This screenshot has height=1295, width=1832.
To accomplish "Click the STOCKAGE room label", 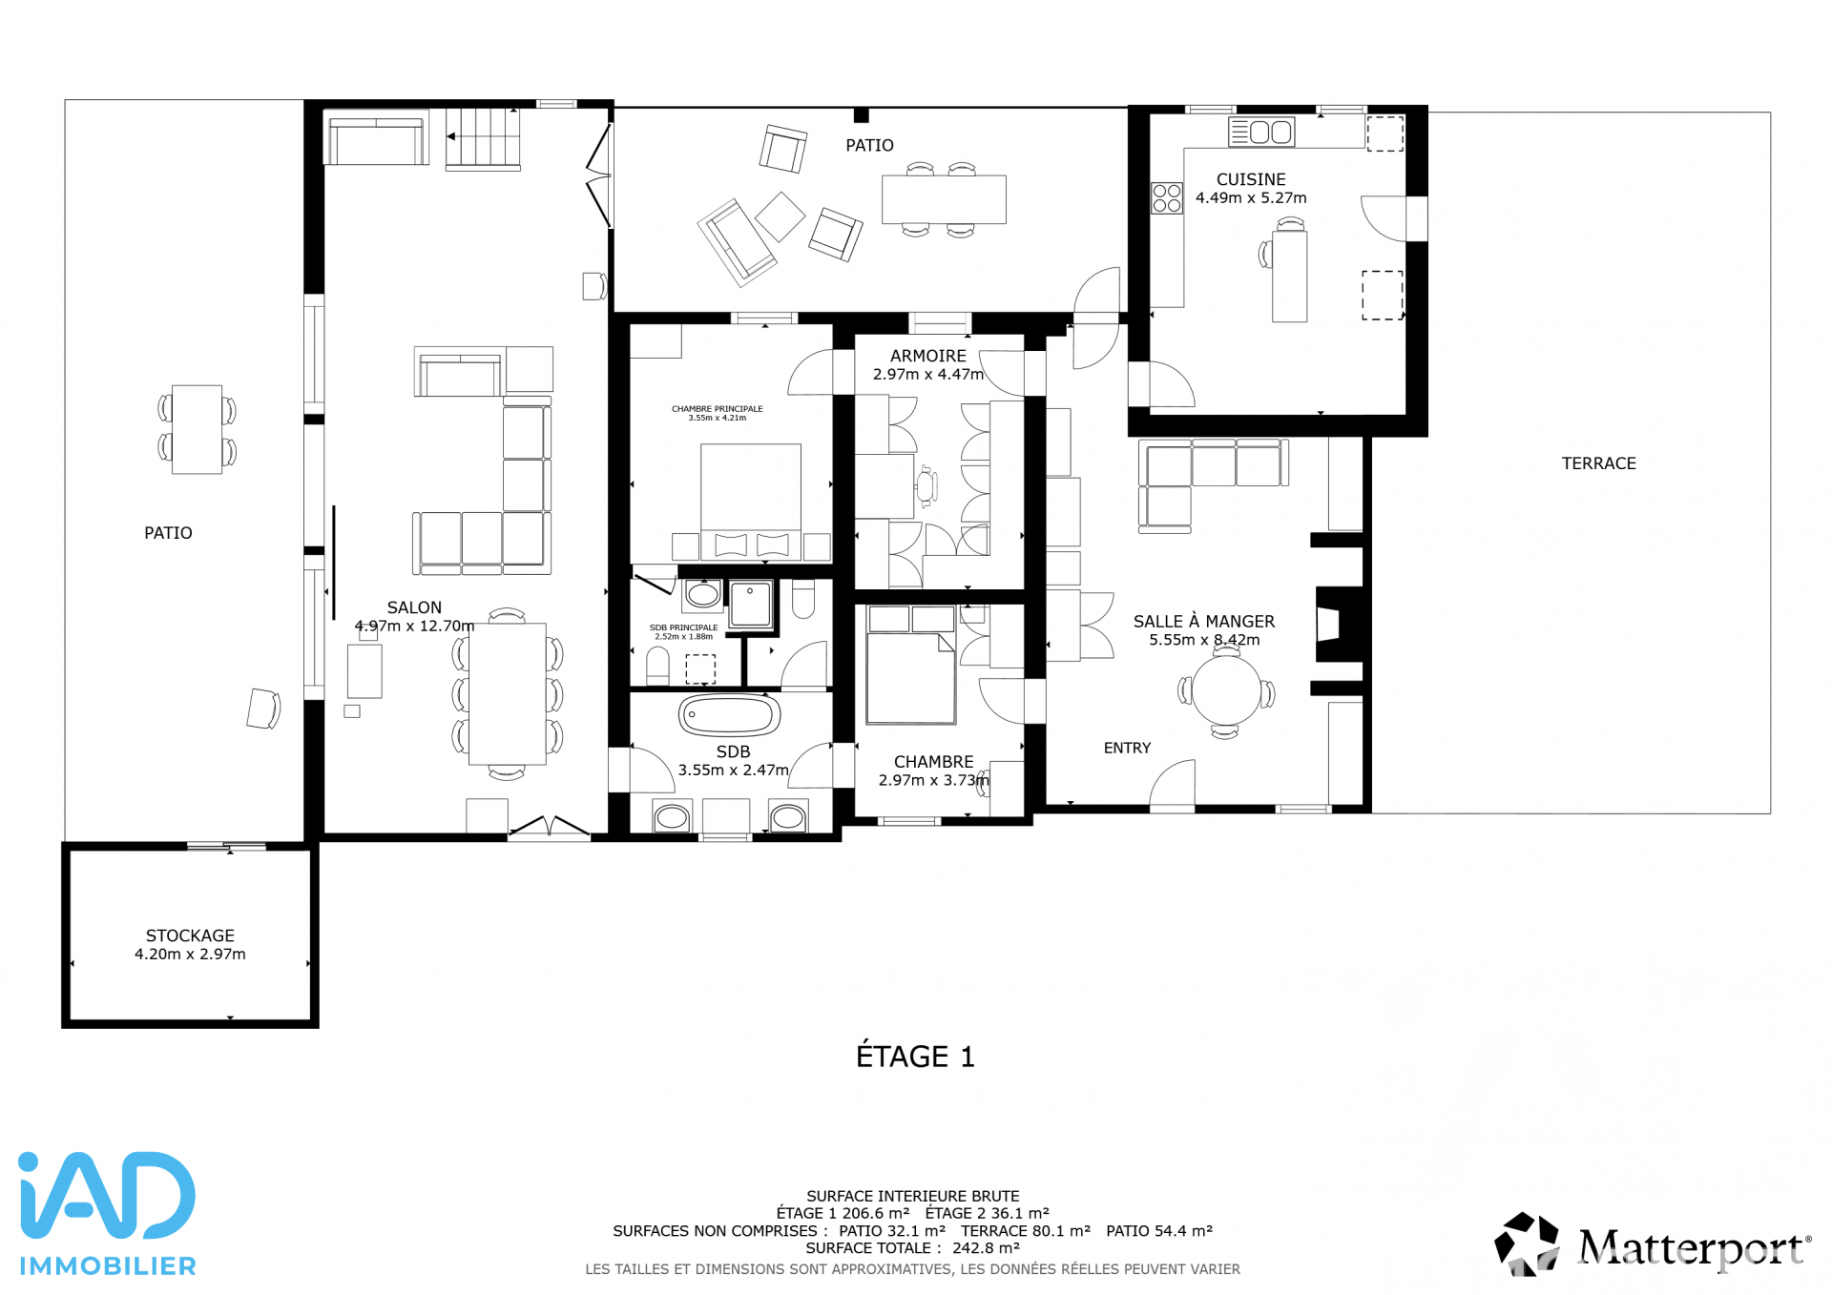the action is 190,935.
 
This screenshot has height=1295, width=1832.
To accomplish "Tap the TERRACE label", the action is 1598,463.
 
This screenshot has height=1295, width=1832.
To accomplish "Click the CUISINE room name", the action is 1251,179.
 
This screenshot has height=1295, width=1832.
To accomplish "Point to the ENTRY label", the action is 1127,748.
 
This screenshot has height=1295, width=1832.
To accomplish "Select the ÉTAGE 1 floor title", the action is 915,1057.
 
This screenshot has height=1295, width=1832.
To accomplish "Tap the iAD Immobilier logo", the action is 107,1213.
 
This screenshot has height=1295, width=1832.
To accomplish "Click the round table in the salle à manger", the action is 1226,690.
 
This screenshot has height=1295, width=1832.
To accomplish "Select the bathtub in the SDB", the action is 729,715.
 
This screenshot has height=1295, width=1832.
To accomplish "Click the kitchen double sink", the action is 1260,132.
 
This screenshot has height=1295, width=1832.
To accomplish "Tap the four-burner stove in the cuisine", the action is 1166,198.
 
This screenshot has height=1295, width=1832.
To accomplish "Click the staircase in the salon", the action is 484,138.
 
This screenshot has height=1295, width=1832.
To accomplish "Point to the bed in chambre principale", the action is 751,501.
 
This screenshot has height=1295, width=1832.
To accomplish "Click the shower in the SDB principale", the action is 751,604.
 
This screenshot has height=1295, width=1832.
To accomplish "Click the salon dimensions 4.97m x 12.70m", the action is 414,626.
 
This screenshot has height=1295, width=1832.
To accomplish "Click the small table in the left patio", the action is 197,429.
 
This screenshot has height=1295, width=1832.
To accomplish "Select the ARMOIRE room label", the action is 927,356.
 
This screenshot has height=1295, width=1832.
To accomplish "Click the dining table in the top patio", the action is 944,199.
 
